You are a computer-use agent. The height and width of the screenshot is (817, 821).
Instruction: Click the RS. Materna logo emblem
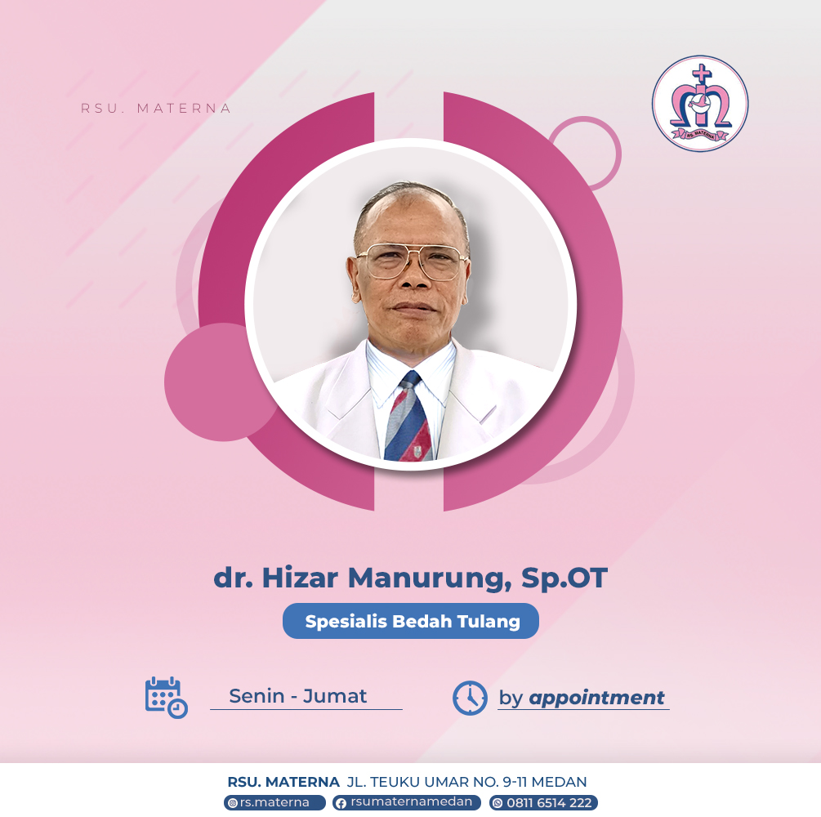tap(700, 104)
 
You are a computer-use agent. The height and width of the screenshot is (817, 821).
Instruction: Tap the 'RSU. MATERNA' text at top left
tap(156, 109)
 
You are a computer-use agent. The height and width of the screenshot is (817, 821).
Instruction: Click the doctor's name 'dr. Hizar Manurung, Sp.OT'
tap(410, 578)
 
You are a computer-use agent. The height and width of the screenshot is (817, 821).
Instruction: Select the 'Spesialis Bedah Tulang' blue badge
tap(410, 621)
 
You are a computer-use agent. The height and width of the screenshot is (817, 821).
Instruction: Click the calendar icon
tap(166, 697)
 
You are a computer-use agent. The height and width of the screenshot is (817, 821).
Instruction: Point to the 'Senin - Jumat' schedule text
tap(298, 696)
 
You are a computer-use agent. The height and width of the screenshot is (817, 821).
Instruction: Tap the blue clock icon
tap(470, 698)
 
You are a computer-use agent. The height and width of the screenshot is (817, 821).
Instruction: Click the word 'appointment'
tap(596, 698)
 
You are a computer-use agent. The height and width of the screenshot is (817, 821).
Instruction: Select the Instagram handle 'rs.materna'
tap(274, 803)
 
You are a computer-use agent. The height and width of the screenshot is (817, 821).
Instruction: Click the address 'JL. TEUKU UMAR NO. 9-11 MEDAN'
tap(466, 782)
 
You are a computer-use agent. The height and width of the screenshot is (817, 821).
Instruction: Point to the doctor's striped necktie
tap(409, 417)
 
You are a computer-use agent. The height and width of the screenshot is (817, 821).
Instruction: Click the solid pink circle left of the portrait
tap(215, 382)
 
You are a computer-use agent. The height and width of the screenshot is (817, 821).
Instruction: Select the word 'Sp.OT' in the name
tap(564, 578)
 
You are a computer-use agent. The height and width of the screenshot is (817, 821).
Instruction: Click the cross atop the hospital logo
tap(701, 74)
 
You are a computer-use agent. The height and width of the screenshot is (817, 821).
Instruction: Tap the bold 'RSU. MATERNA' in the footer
tap(283, 782)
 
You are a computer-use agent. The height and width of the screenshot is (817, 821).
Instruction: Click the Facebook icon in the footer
tap(341, 803)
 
